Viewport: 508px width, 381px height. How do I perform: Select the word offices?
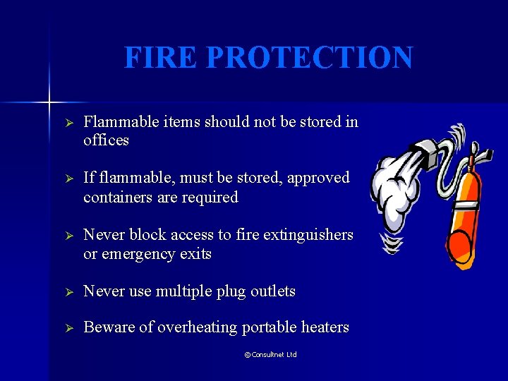point(106,140)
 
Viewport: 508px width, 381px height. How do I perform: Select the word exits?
point(196,253)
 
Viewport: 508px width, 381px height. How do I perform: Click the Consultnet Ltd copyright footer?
point(270,354)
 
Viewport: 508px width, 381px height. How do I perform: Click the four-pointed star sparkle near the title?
point(50,102)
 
